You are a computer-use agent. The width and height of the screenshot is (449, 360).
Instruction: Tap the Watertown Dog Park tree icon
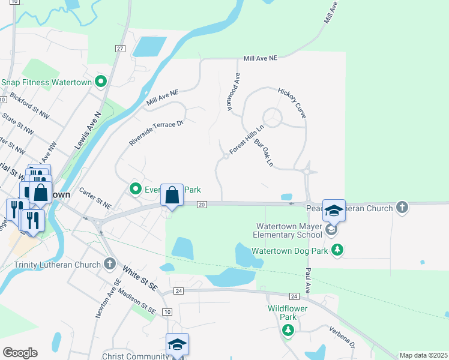[337, 250]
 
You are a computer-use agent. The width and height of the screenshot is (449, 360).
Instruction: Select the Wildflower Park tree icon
[288, 329]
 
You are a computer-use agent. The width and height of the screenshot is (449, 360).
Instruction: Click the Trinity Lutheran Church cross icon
[109, 263]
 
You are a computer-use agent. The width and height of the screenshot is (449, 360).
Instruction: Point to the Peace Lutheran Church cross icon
[402, 208]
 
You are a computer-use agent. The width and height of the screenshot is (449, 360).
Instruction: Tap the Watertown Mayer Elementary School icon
[330, 229]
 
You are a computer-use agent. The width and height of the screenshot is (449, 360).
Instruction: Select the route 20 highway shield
[202, 205]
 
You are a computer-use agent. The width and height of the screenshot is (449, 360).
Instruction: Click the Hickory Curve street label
[292, 103]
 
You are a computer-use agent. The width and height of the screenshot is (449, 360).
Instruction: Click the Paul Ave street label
[308, 281]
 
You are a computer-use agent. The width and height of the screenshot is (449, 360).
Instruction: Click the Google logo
[20, 353]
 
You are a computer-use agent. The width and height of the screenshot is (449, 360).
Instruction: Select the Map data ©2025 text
[423, 355]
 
